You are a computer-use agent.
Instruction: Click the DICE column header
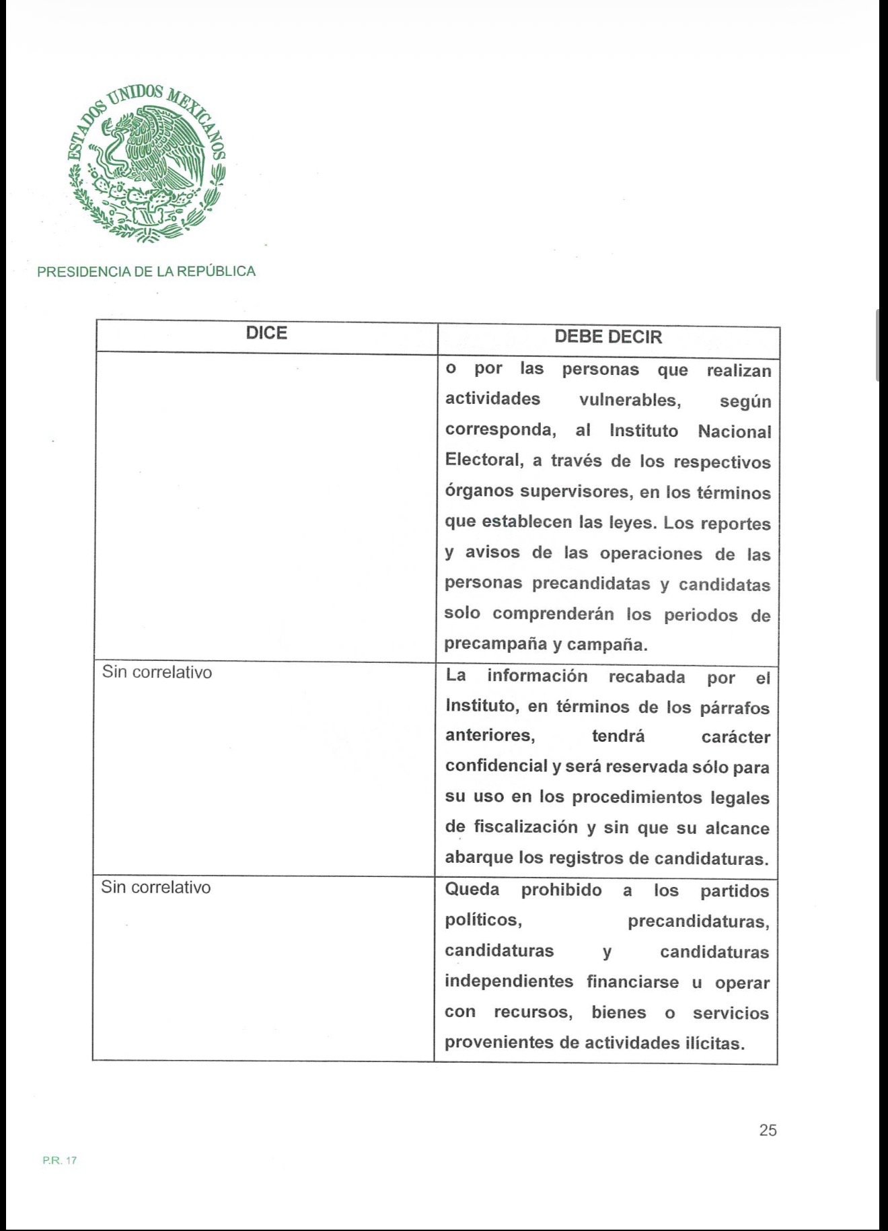pos(266,334)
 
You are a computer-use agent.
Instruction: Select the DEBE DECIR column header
pos(608,337)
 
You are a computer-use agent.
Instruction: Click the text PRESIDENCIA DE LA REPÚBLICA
pos(147,272)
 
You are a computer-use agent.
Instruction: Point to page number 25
pos(768,1131)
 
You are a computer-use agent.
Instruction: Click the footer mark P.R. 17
pos(60,1160)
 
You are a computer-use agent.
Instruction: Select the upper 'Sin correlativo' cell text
pos(157,672)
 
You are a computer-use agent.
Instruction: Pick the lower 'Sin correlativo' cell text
pos(156,888)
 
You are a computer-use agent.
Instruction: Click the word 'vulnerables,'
pos(630,400)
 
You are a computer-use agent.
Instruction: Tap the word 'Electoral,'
pos(484,460)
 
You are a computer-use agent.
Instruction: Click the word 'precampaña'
pos(495,644)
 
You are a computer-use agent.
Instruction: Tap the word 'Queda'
pos(472,890)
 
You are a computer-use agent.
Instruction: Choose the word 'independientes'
pos(509,981)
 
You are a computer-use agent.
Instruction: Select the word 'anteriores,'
pos(490,736)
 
